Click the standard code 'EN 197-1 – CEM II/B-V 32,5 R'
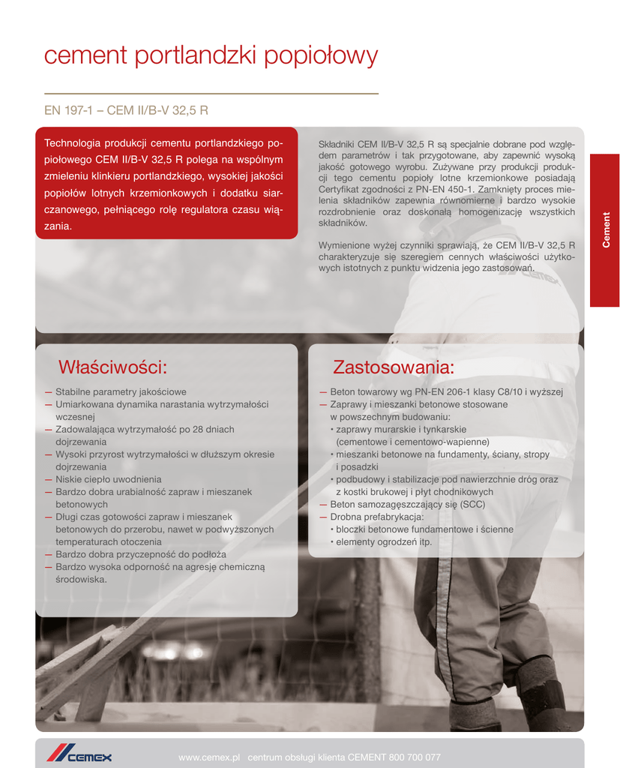(x=126, y=110)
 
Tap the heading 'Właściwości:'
(x=112, y=367)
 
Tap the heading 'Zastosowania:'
(x=394, y=367)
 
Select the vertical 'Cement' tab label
(x=606, y=230)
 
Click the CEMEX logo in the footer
(x=79, y=756)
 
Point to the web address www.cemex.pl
(x=208, y=757)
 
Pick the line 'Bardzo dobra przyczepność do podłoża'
(x=140, y=554)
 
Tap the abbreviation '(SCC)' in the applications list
(x=471, y=505)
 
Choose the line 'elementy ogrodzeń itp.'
(x=384, y=542)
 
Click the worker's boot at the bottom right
(x=541, y=694)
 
